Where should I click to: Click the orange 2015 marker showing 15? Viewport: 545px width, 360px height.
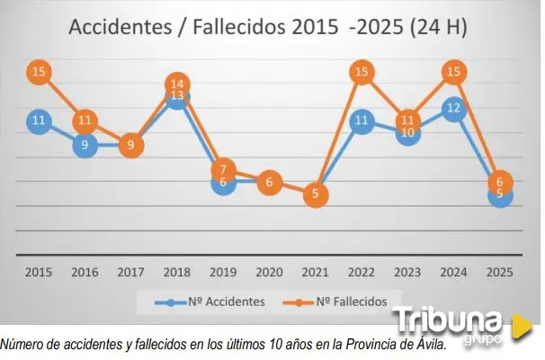point(39,72)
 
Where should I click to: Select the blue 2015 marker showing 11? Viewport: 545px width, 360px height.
point(39,121)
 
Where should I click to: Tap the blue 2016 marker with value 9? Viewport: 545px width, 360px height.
point(85,144)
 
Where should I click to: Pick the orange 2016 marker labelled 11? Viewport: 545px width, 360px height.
point(85,121)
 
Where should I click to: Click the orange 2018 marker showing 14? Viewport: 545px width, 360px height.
point(177,85)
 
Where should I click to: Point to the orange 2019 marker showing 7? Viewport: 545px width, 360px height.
point(224,168)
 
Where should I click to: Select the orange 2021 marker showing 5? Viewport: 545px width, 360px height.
point(316,193)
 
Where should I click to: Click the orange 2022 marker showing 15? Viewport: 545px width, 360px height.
point(362,72)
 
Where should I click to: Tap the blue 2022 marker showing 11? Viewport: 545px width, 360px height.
point(362,121)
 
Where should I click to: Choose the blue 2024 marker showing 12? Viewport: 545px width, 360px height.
point(454,109)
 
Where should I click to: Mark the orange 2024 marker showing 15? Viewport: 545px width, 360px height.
point(454,72)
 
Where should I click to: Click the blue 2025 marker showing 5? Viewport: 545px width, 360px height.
point(501,194)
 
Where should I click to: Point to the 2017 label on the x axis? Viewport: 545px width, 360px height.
point(131,271)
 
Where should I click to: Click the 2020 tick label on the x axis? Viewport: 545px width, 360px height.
point(270,271)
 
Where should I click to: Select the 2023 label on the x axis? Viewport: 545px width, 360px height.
point(408,271)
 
